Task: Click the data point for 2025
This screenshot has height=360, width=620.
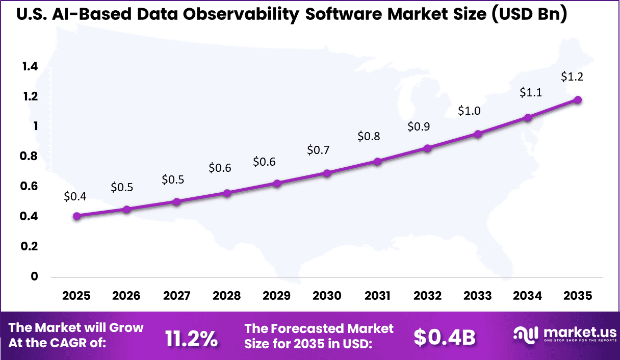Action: tap(76, 216)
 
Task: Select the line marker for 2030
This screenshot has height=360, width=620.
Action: tap(327, 173)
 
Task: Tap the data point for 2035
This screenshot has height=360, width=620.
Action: tap(578, 100)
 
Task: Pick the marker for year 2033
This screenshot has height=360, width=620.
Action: tap(478, 134)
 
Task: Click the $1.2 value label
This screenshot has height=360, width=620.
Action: tap(572, 77)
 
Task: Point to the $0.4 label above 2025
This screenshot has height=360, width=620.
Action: tap(75, 196)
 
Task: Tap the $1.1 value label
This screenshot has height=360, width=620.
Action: tap(531, 93)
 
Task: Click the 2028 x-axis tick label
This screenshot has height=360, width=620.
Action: tap(227, 296)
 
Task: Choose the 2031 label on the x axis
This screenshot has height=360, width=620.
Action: tap(377, 296)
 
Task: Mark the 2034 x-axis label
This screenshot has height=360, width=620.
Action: tap(528, 296)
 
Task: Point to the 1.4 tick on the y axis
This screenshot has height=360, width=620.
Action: tap(30, 66)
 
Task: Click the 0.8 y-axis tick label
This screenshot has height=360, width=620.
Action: tap(30, 157)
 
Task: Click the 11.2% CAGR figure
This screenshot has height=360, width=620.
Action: tap(191, 338)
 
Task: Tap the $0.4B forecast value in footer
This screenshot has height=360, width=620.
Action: tap(444, 337)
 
